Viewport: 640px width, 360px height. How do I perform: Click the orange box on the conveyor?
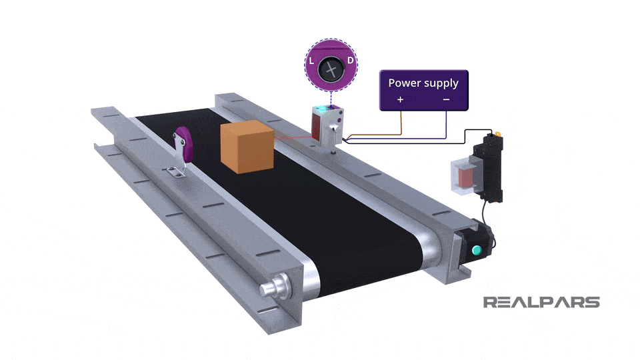click(247, 148)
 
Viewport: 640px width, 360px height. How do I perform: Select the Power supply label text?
click(423, 83)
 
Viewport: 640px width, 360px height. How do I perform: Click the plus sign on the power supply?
click(401, 99)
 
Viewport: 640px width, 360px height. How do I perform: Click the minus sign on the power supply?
click(446, 99)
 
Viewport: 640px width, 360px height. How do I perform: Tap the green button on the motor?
click(476, 251)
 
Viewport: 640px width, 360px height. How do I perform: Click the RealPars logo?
click(541, 303)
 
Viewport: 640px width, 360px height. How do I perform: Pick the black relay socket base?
click(489, 167)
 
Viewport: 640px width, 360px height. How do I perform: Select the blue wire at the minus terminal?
click(446, 123)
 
